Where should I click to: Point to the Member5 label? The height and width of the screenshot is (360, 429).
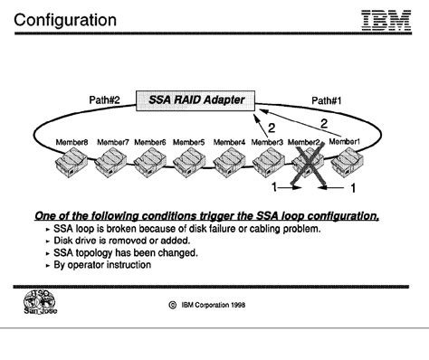pos(188,142)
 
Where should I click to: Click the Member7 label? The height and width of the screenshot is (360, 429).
pos(112,142)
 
